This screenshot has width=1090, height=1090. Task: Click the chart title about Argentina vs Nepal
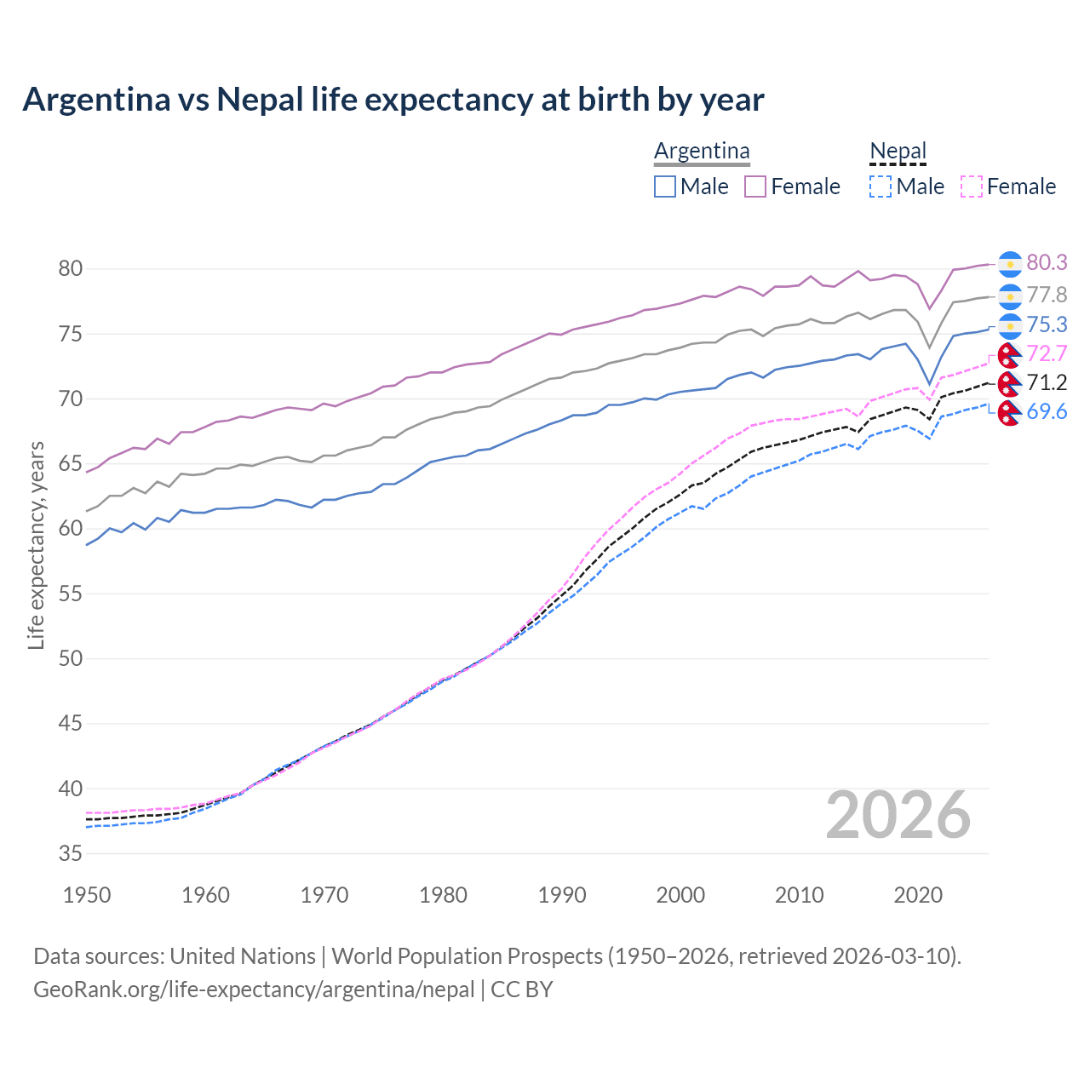pos(393,100)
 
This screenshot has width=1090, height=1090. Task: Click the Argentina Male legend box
pos(665,186)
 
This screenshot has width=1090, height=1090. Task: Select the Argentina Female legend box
pos(755,186)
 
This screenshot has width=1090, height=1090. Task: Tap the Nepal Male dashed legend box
pos(881,186)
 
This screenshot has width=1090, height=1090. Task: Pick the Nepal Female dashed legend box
pos(972,186)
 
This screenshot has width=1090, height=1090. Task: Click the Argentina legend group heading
pos(702,152)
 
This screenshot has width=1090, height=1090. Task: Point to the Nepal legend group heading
pos(898,152)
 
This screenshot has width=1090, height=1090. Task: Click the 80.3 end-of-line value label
pos(1047,263)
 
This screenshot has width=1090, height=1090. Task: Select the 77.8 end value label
pos(1047,295)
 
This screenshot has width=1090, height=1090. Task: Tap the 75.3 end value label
pos(1047,325)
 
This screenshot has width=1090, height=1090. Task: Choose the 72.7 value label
pos(1047,353)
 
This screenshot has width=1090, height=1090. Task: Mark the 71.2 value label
pos(1047,382)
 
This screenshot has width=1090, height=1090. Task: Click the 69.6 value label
pos(1047,412)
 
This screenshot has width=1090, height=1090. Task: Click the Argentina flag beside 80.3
pos(1010,264)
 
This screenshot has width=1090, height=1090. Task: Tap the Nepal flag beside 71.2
pos(1009,383)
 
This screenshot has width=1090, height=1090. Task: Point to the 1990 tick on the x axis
pos(562,895)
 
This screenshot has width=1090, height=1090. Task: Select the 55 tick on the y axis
pos(70,594)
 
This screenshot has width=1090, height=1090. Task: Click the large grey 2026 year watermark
pos(898,815)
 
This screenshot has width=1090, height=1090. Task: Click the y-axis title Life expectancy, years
pos(36,545)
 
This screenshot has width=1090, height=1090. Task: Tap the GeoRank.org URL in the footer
pos(254,990)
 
